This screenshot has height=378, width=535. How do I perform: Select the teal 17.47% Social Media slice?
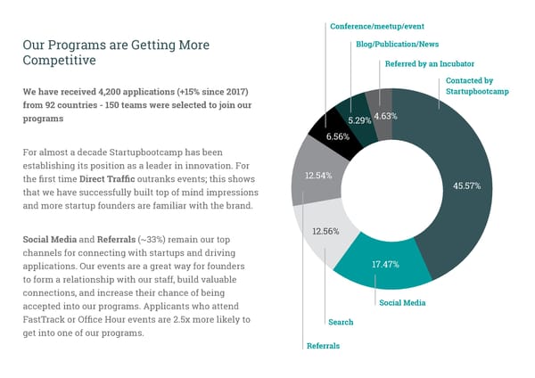[384, 265]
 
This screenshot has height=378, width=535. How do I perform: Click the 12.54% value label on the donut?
[319, 176]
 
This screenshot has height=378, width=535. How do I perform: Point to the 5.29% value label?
[360, 119]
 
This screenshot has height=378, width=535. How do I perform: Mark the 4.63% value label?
[385, 116]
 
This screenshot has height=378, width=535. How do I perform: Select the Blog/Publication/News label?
[396, 44]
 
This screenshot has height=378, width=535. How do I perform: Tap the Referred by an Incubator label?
[429, 63]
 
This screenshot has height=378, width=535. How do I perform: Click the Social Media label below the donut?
[401, 302]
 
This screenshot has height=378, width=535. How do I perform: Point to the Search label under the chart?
[341, 322]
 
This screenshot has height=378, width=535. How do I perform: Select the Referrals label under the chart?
[324, 345]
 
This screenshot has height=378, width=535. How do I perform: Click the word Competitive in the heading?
[59, 60]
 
